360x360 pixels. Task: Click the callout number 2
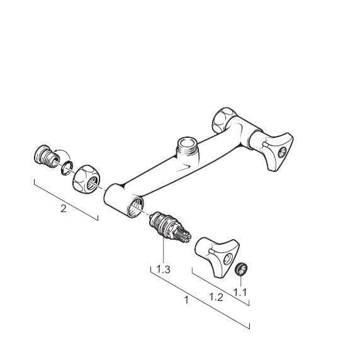point(64,209)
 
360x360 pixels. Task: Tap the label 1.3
point(163,269)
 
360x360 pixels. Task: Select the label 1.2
point(216,297)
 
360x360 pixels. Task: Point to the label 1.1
point(240,292)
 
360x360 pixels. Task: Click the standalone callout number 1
point(187,300)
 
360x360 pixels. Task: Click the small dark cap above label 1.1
point(242,269)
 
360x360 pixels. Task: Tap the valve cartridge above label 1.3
point(170,227)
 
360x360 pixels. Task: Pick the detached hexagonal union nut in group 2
point(86,179)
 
